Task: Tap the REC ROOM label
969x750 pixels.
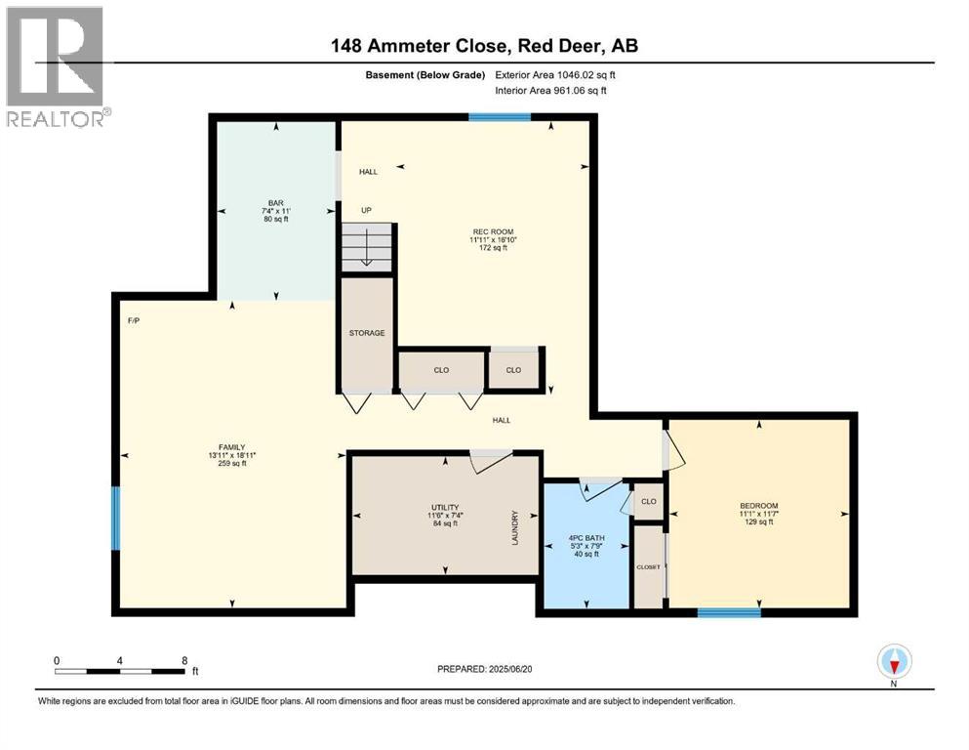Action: point(492,231)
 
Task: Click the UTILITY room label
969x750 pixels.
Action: point(445,508)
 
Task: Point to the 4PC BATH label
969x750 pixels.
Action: point(585,537)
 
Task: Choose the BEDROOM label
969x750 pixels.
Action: point(758,506)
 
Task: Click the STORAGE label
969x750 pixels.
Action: point(367,333)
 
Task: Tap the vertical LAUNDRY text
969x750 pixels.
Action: point(514,528)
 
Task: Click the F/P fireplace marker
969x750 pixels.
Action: point(134,320)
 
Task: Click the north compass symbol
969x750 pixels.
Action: point(894,662)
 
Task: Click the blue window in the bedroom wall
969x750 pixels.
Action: point(729,612)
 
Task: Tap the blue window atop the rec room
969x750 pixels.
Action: point(500,117)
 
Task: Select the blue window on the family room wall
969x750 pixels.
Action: point(116,519)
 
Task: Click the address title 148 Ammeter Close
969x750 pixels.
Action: point(484,46)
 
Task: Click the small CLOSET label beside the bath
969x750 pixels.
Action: point(648,566)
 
